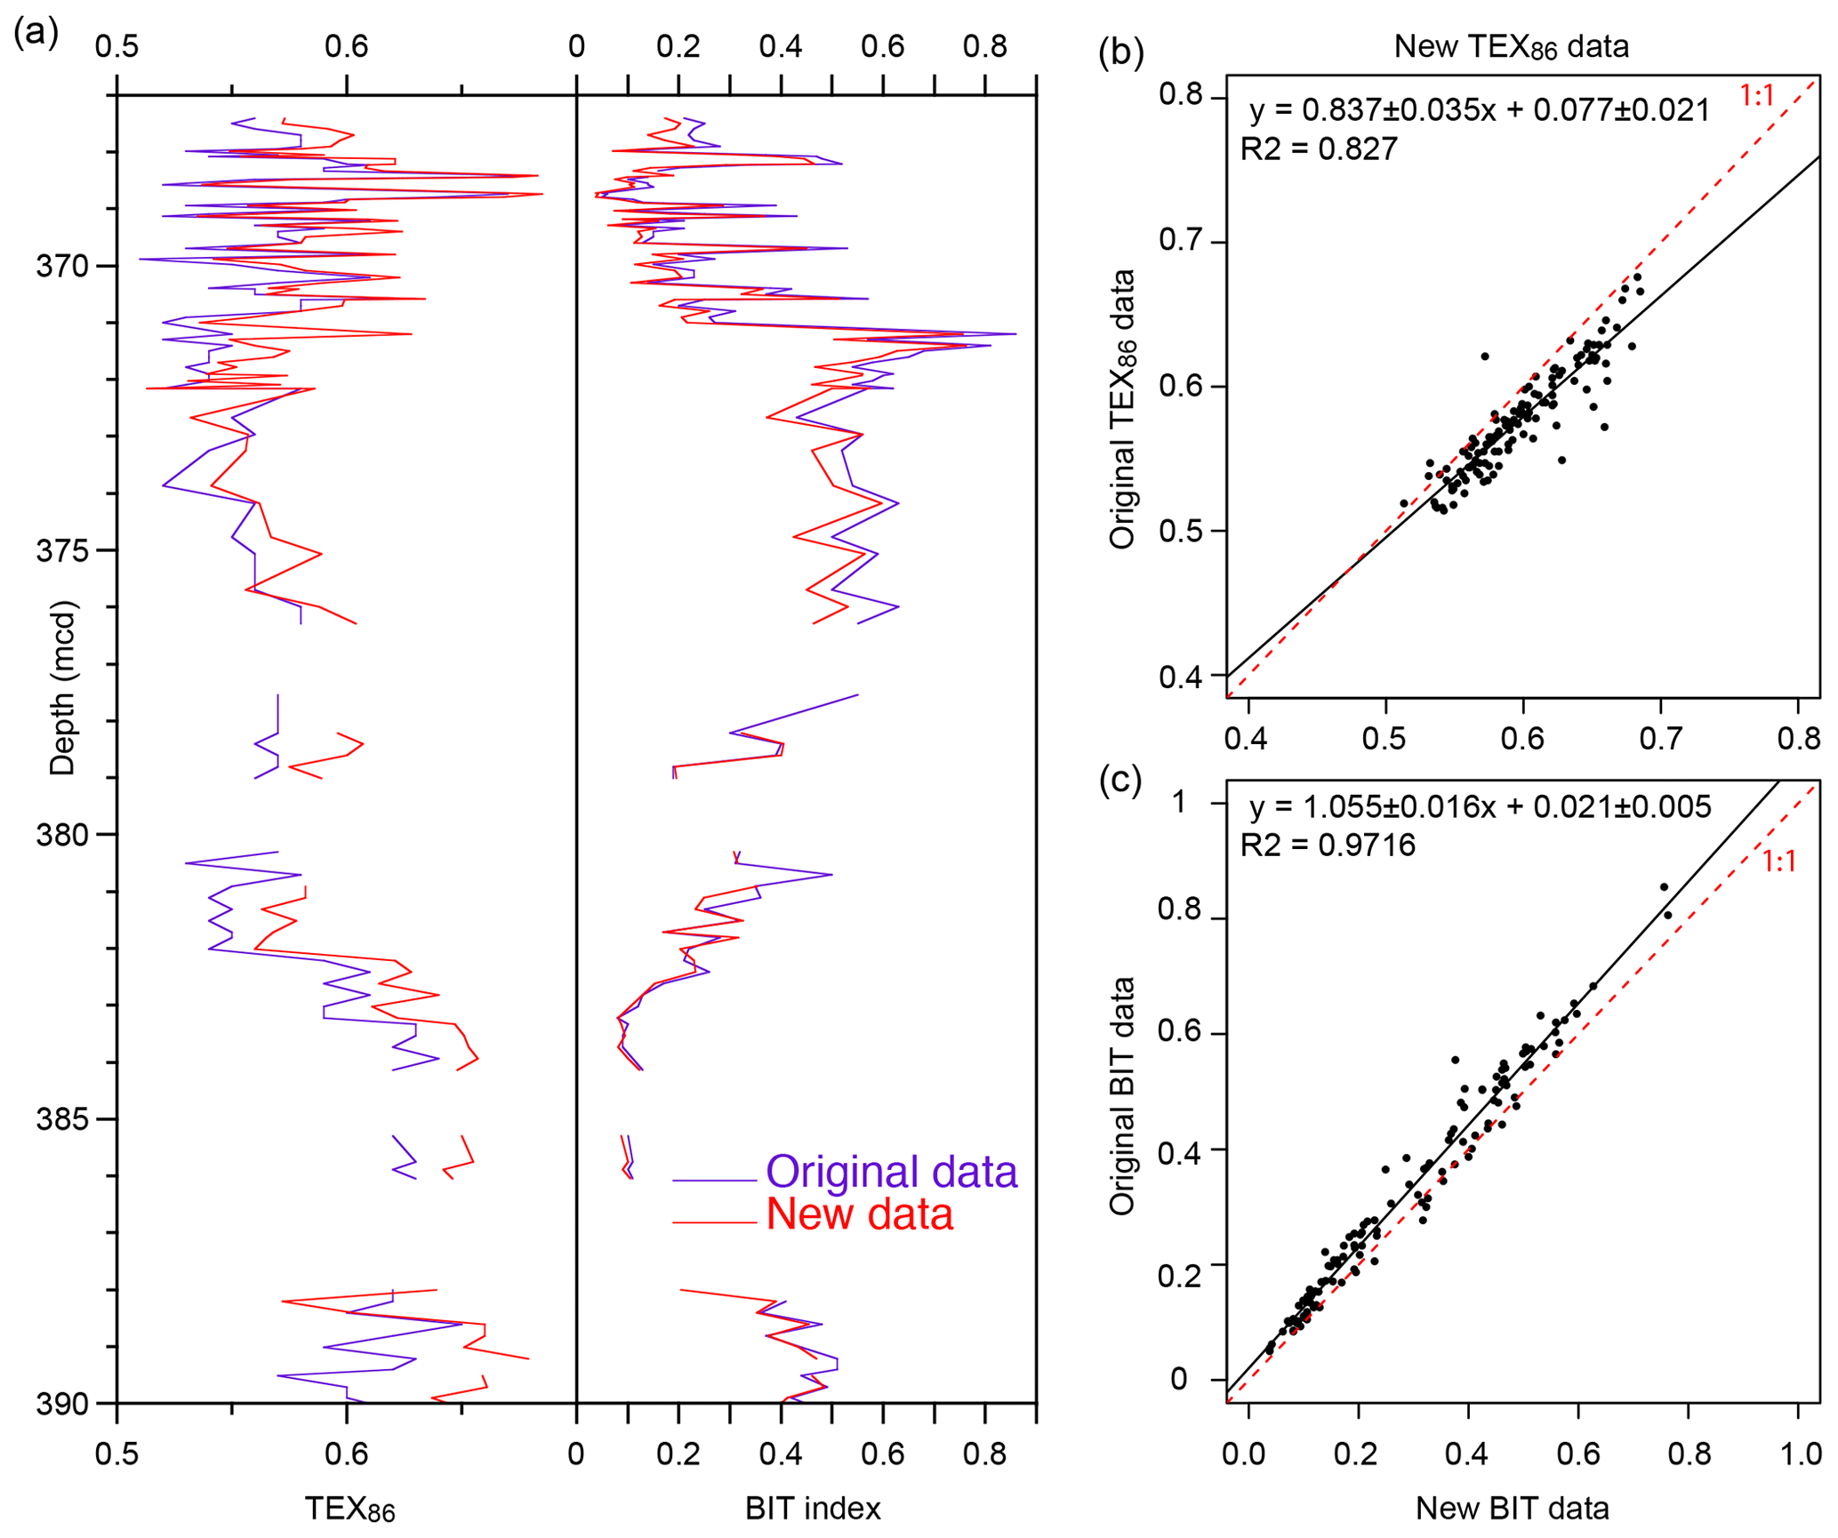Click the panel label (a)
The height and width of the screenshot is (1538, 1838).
point(36,33)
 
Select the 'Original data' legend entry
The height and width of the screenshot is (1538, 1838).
point(891,1172)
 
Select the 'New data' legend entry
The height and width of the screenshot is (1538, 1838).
point(859,1214)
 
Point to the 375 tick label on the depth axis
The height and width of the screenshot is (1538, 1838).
point(63,550)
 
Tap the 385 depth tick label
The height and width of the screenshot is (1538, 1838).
point(63,1118)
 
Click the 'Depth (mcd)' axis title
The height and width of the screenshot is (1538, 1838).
point(63,687)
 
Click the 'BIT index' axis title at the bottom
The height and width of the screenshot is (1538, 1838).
point(813,1508)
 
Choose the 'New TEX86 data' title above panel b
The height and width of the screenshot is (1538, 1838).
point(1511,46)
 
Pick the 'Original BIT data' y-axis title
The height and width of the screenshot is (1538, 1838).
point(1122,1095)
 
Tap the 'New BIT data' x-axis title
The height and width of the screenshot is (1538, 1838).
point(1512,1508)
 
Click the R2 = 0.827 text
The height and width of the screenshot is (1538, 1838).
point(1319,148)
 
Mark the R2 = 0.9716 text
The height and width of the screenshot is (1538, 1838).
point(1328,845)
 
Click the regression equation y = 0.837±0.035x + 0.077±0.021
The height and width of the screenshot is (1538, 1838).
point(1480,109)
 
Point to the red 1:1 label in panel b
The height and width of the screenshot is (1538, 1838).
point(1756,95)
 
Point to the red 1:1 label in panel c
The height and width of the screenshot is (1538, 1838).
point(1779,861)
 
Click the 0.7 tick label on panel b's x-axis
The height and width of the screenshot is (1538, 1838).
point(1659,738)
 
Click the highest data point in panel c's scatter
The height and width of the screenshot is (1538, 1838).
point(1664,886)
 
